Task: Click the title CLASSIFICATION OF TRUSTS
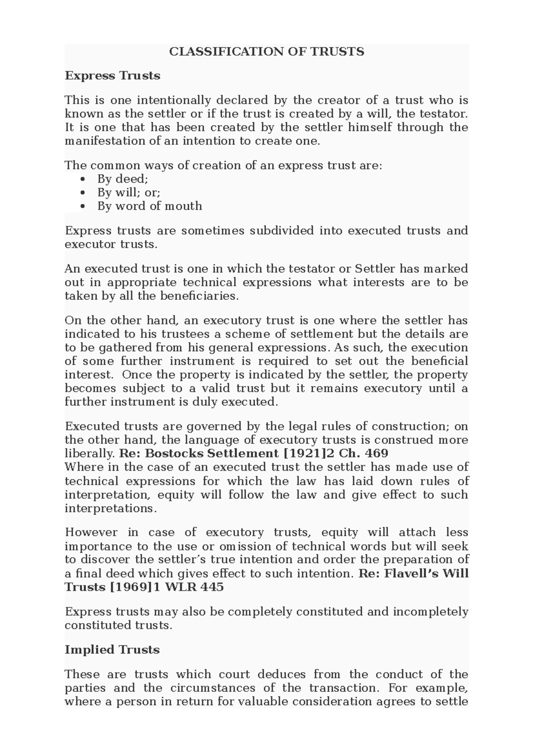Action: (266, 52)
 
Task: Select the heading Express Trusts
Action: (112, 76)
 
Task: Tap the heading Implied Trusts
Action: (112, 650)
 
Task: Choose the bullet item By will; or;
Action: (129, 193)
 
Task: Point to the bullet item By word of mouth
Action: (150, 206)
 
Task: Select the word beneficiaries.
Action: (203, 296)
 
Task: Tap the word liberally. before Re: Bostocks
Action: (90, 454)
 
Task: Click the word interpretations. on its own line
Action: (111, 508)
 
